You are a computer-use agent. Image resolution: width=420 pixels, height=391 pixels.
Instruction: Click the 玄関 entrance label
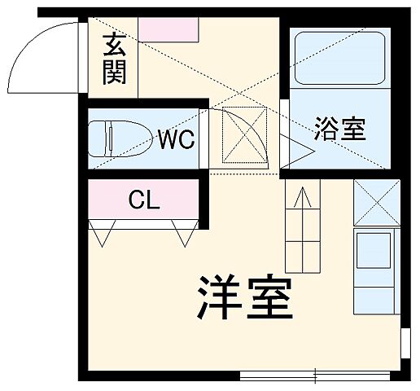(114, 62)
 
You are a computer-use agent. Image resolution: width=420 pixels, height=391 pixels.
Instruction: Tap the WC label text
(176, 139)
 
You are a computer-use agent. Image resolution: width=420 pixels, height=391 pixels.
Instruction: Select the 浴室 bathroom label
(342, 129)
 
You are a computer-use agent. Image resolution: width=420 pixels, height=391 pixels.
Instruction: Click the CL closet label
(144, 199)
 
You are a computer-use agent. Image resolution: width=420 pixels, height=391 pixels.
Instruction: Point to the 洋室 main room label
(243, 300)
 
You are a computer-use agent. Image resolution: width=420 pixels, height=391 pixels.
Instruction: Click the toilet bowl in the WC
(122, 138)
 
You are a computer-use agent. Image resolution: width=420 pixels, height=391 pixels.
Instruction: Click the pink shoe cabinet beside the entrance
(168, 29)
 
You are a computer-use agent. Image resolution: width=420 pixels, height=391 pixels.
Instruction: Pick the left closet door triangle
(103, 235)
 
